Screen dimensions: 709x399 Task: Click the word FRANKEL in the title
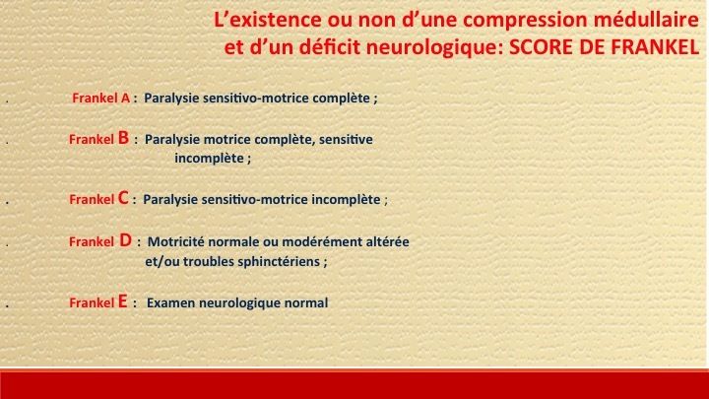pyautogui.click(x=655, y=47)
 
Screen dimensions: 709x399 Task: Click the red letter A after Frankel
pyautogui.click(x=125, y=99)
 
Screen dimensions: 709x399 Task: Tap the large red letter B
pyautogui.click(x=123, y=138)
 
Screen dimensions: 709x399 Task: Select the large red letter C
pyautogui.click(x=123, y=198)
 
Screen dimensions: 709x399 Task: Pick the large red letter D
pyautogui.click(x=125, y=240)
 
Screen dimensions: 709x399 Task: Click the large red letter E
pyautogui.click(x=122, y=301)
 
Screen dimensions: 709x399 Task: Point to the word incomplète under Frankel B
pyautogui.click(x=210, y=159)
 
